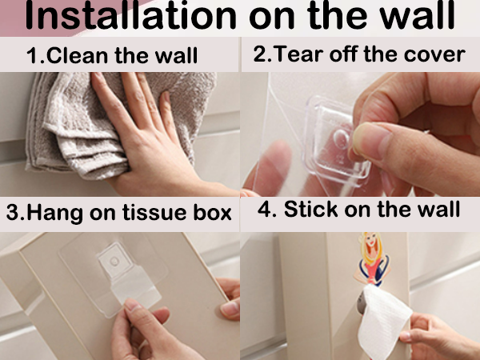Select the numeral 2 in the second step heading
point(260,54)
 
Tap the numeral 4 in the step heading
point(264,210)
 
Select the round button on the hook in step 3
point(114,261)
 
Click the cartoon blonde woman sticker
point(371,259)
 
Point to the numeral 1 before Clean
point(32,56)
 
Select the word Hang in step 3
point(54,213)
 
